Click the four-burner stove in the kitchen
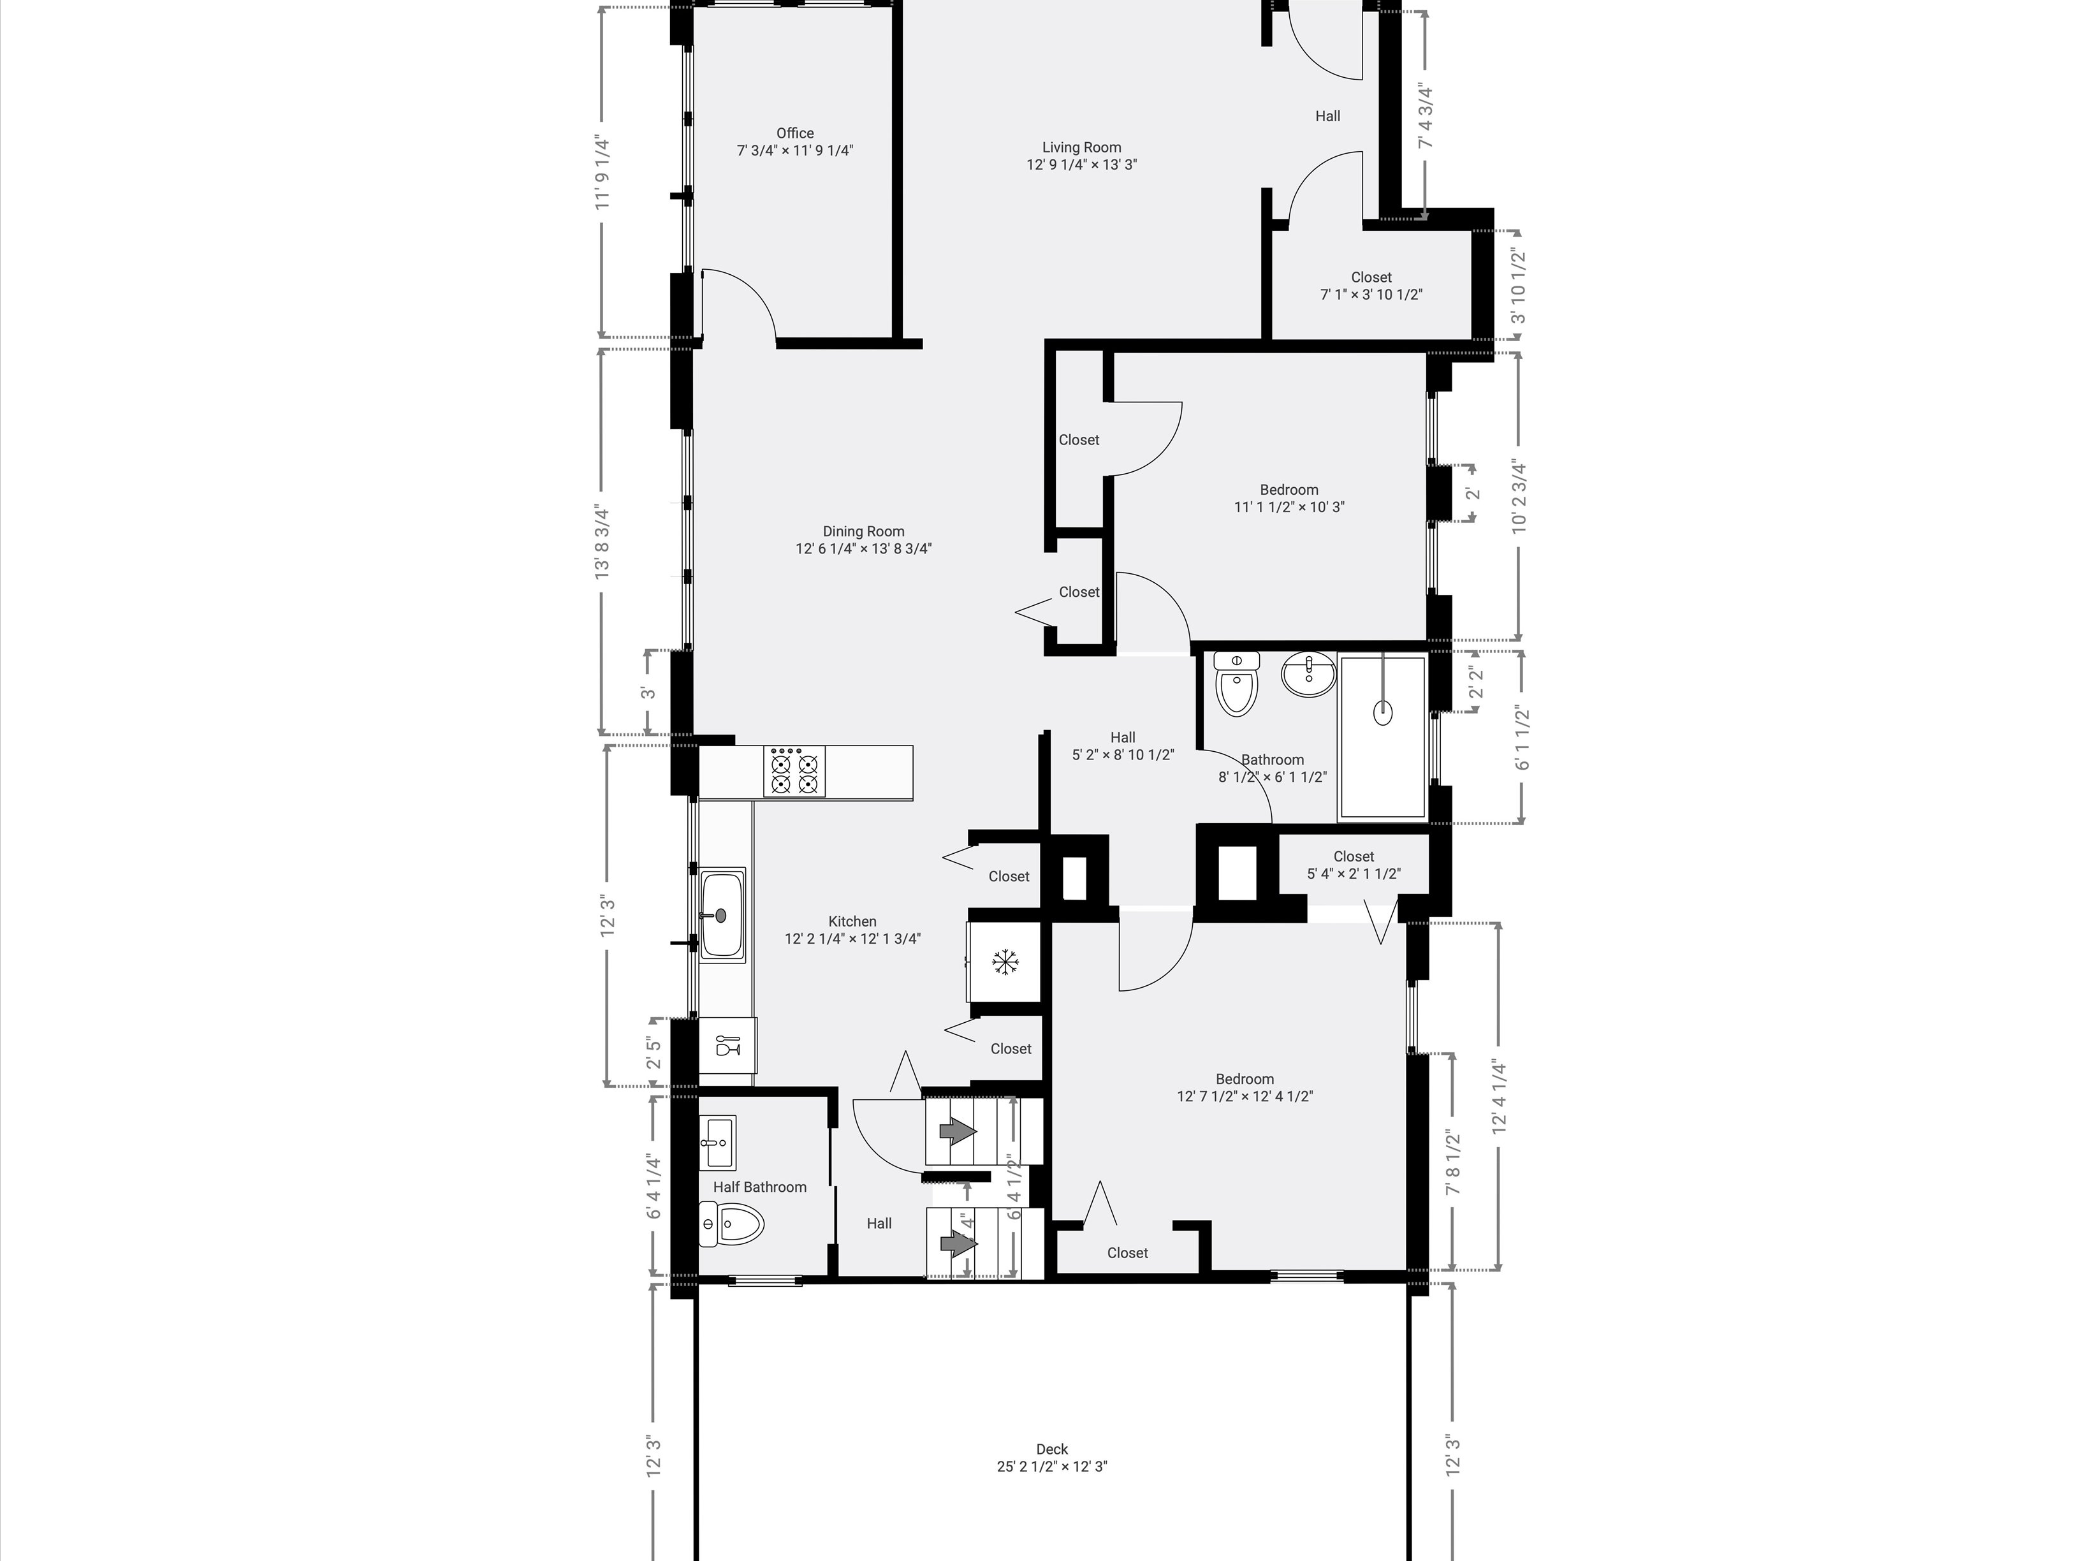click(795, 772)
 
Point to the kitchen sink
click(722, 914)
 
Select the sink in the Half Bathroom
click(718, 1142)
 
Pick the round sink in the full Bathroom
click(1309, 675)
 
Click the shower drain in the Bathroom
click(1382, 712)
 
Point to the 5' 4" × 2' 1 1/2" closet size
click(1354, 873)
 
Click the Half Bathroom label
click(759, 1187)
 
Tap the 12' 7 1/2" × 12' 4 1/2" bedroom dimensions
click(1245, 1096)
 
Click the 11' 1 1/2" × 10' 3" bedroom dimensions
click(1289, 507)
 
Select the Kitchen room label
click(852, 922)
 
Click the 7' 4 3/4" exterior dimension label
click(1426, 117)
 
